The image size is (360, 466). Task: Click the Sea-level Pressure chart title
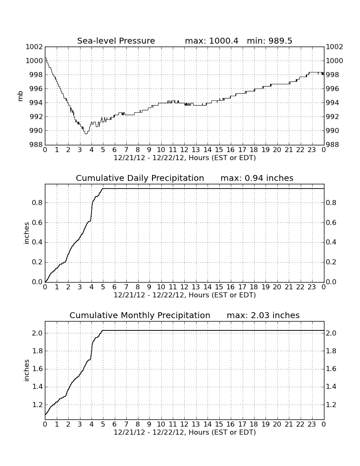click(x=116, y=41)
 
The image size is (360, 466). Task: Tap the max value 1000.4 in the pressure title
click(x=223, y=41)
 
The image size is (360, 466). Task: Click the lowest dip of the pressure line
click(x=86, y=134)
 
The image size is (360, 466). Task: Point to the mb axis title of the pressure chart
click(x=20, y=96)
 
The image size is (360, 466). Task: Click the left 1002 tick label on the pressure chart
click(x=34, y=47)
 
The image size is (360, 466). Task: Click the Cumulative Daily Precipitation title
click(x=140, y=178)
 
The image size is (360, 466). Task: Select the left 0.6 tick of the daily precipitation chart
click(x=37, y=222)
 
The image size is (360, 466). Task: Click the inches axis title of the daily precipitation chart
click(x=27, y=233)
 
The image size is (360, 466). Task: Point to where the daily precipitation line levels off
click(x=103, y=189)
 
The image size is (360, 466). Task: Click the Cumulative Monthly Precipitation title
click(x=140, y=315)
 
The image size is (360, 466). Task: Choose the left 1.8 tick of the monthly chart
click(x=37, y=351)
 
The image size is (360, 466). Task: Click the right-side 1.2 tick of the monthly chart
click(x=331, y=405)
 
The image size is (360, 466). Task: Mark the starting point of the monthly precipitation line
click(x=45, y=415)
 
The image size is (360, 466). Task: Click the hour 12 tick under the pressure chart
click(x=184, y=150)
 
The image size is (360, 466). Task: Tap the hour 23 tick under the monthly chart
click(x=312, y=424)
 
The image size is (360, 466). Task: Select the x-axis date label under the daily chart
click(x=185, y=295)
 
